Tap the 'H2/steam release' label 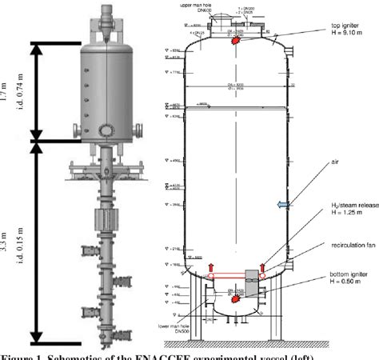[x=341, y=215]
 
